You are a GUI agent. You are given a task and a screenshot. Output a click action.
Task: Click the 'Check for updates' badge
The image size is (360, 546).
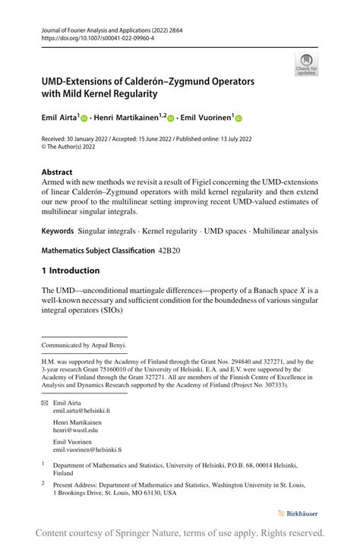coord(306,64)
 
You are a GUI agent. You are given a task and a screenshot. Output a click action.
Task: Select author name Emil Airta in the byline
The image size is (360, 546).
coord(59,118)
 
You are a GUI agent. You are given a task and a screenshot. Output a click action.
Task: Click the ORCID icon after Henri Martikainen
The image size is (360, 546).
coord(171,118)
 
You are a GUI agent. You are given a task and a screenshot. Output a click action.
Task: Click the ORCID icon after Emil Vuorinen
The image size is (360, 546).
coord(238,118)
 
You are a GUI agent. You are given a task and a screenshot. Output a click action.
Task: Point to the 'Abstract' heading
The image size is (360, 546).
coord(57,172)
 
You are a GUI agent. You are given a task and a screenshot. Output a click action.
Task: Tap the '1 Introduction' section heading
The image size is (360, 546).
coord(71,270)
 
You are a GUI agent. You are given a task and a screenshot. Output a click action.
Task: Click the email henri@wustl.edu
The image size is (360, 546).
coord(75,430)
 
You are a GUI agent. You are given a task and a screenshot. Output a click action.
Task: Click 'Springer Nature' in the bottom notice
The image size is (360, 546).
coord(154,532)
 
